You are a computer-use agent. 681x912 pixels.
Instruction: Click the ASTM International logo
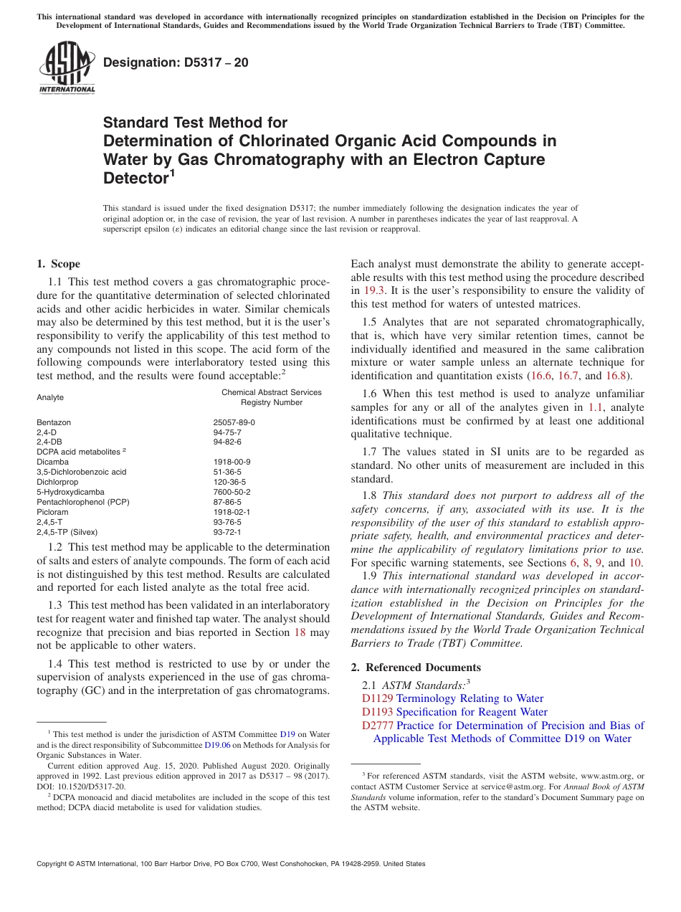67,67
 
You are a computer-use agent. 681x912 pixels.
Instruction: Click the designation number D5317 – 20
176,62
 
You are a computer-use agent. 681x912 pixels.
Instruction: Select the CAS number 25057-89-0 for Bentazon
234,423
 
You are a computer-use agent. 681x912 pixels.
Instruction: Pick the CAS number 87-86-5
227,503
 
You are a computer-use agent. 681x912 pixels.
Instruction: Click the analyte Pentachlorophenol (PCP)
83,503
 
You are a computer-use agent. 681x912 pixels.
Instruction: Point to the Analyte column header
50,397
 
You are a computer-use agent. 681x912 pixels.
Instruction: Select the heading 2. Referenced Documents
416,668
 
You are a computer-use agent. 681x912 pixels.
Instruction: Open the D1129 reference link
377,698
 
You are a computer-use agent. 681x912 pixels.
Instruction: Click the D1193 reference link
377,712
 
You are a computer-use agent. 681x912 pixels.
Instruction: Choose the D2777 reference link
377,726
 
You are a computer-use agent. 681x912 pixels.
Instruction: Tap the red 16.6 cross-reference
541,375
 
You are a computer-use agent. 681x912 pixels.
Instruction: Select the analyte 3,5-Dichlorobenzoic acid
81,472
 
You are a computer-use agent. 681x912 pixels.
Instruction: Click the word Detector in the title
135,179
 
